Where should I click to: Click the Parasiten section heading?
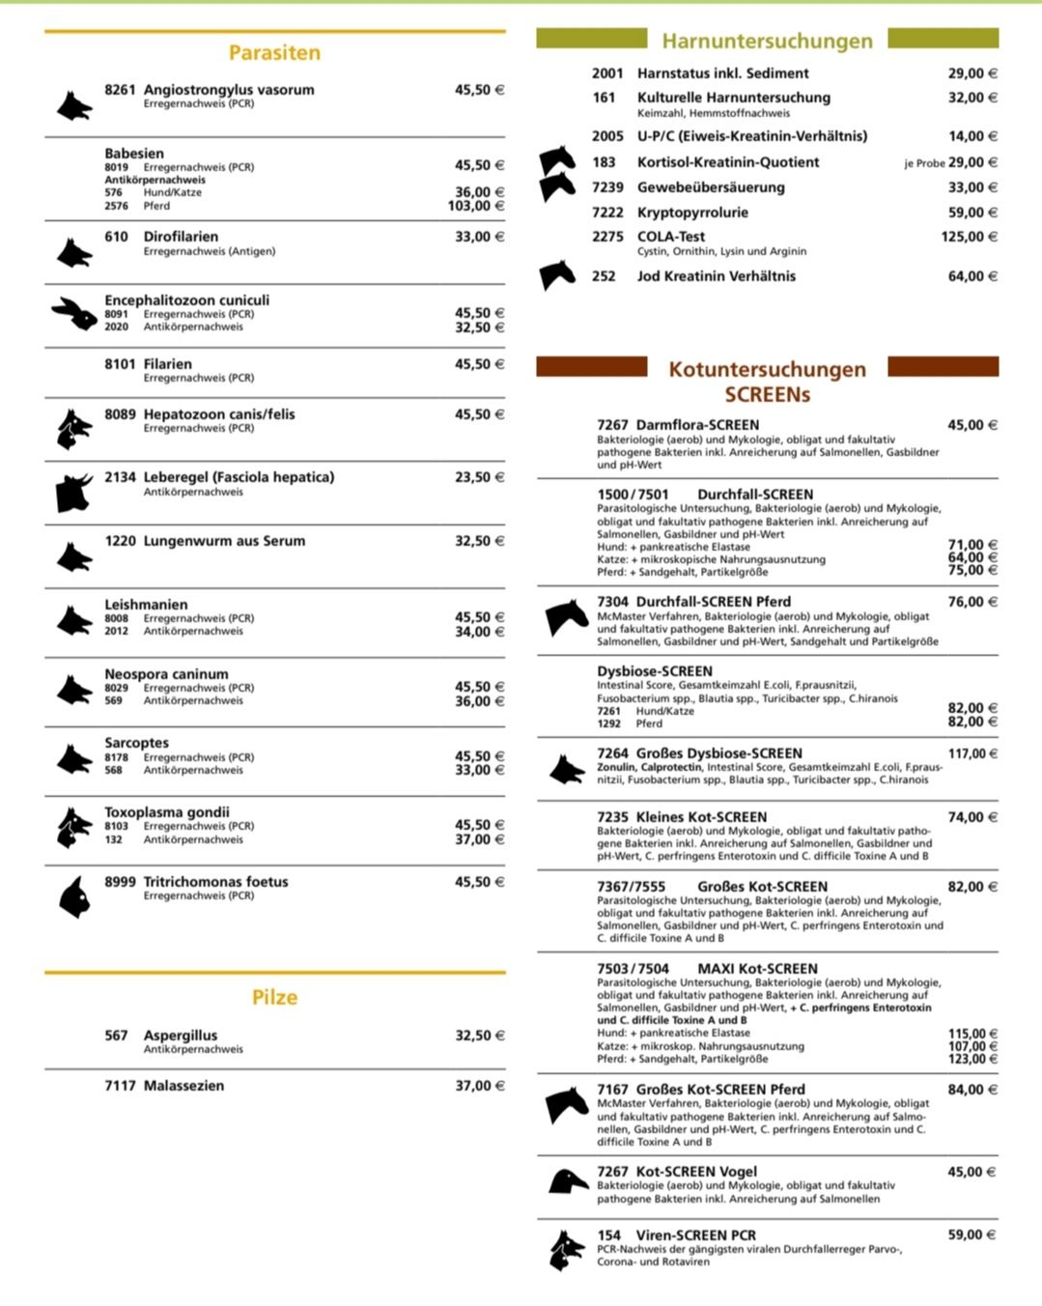point(274,53)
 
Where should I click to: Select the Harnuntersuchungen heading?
point(767,42)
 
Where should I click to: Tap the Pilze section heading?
point(274,998)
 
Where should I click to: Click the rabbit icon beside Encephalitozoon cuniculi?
point(73,313)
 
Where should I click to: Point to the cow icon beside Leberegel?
point(73,492)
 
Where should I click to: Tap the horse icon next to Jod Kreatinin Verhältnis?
point(557,275)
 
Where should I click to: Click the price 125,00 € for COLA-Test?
point(969,237)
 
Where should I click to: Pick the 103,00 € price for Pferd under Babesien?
point(475,206)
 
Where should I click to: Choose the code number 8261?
point(120,90)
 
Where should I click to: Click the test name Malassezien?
point(183,1086)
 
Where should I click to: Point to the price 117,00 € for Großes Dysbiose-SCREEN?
point(972,753)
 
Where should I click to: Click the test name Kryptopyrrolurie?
point(692,213)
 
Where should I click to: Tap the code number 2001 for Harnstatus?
point(607,73)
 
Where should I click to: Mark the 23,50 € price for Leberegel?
point(479,477)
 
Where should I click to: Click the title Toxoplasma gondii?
point(167,812)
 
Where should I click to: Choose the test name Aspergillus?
point(181,1036)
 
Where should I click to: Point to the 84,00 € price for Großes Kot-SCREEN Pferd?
point(972,1090)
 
